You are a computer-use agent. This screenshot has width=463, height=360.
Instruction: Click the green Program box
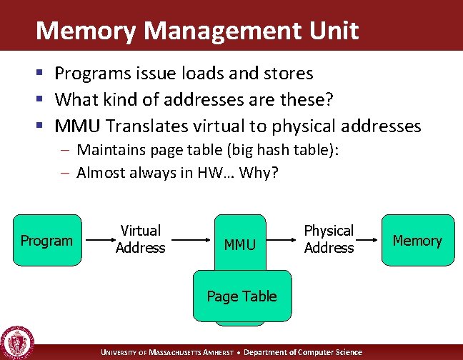[x=46, y=240]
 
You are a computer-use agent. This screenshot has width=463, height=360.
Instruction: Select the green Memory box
[x=417, y=240]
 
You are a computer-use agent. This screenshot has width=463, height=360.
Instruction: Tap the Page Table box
[x=242, y=296]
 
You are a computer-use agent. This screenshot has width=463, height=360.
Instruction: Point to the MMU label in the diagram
[x=239, y=245]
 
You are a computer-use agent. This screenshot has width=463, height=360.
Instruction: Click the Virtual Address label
[x=140, y=239]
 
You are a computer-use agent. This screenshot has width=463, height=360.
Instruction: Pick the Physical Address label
[x=329, y=239]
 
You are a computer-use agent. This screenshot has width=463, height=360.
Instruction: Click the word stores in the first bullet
[x=289, y=74]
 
